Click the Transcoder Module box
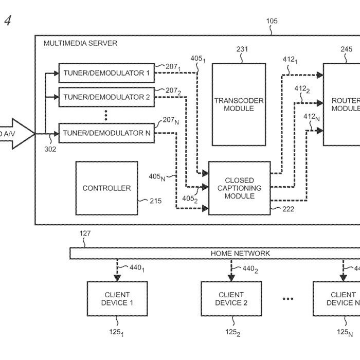239,104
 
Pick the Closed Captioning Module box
239,188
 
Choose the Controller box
106,188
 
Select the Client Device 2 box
231,299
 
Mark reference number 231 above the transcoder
242,49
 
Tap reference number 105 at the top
271,21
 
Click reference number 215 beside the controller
155,201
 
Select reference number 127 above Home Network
85,233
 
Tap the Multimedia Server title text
80,43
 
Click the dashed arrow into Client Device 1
117,271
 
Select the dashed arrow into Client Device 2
231,271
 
